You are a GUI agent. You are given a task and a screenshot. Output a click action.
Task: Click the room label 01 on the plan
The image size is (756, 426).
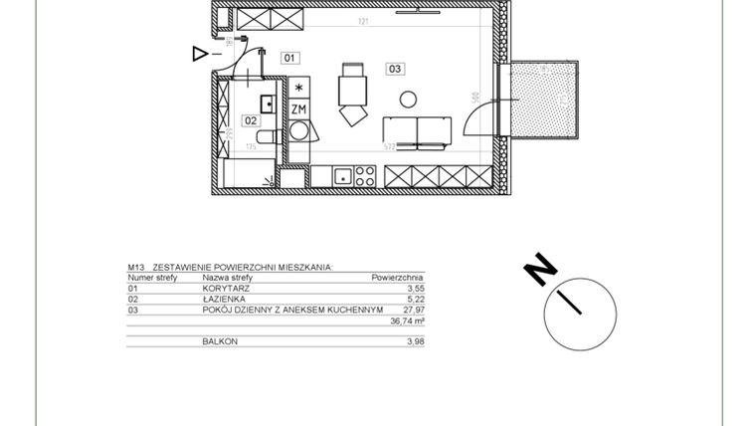coord(290,59)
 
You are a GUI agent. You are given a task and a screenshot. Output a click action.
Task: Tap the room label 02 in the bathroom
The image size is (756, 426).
coord(251,121)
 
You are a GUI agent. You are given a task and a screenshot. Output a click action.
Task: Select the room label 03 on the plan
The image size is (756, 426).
coord(395,69)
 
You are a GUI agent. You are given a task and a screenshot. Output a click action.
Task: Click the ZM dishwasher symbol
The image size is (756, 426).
coord(298,108)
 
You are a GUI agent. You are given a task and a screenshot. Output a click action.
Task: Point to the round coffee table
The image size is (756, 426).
coord(407,98)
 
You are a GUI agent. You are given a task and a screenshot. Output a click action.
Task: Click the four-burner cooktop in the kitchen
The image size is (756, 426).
coord(364,177)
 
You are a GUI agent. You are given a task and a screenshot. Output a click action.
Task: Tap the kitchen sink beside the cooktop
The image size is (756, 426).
coord(341,177)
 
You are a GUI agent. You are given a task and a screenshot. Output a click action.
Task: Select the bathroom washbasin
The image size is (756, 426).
coord(268,102)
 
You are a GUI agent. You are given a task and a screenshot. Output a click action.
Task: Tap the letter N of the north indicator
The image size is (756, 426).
coord(539,269)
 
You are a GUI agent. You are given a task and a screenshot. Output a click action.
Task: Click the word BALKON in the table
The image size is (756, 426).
coord(220,341)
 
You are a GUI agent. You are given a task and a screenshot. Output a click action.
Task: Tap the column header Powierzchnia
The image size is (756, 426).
coord(398,278)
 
